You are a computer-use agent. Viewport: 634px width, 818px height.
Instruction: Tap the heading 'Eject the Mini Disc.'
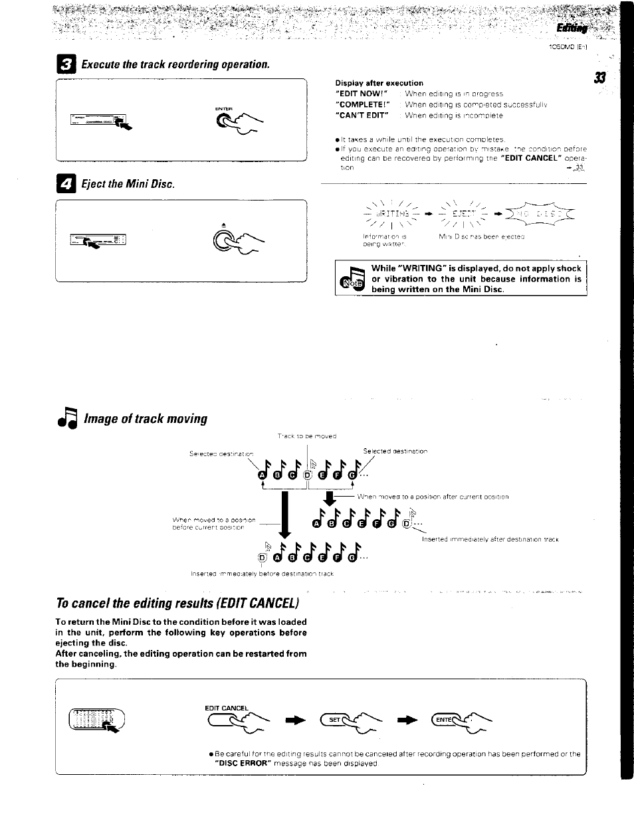click(128, 184)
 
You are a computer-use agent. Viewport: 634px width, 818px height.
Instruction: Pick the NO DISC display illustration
click(549, 214)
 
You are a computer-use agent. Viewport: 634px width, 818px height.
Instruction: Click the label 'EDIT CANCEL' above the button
click(226, 708)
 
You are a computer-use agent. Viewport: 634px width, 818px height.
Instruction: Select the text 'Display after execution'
click(379, 83)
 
